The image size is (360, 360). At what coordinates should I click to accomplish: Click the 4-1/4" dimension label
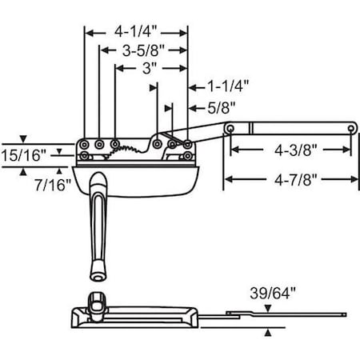pyautogui.click(x=135, y=31)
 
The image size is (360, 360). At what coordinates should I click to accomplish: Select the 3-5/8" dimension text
pyautogui.click(x=143, y=50)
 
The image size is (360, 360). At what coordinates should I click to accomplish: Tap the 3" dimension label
pyautogui.click(x=149, y=68)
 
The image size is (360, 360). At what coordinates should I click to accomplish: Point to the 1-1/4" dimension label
pyautogui.click(x=228, y=86)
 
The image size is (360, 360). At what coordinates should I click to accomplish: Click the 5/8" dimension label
pyautogui.click(x=222, y=108)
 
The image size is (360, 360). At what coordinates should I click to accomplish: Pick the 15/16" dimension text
pyautogui.click(x=24, y=155)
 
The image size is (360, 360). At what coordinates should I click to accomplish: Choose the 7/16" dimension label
pyautogui.click(x=53, y=185)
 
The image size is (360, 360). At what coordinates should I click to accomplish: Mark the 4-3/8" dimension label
pyautogui.click(x=296, y=150)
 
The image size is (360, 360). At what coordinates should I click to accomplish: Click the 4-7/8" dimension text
pyautogui.click(x=296, y=179)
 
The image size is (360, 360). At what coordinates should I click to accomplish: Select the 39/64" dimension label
pyautogui.click(x=273, y=293)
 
